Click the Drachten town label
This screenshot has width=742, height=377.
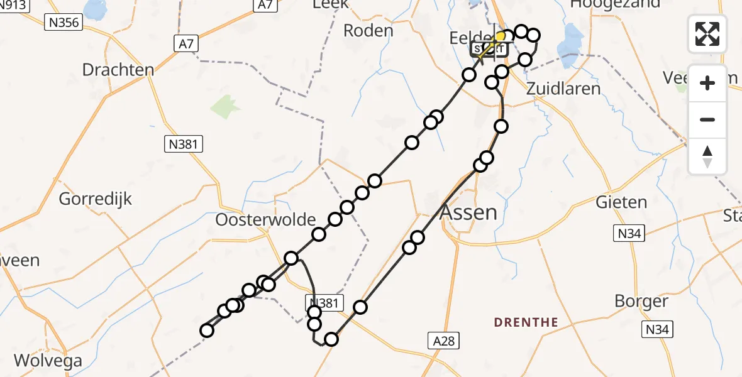coord(118,69)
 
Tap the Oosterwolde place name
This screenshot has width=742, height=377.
coord(265,220)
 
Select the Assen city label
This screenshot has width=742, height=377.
coord(468,212)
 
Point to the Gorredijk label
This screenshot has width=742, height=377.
coord(96,199)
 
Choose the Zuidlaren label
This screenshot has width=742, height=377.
coord(564,89)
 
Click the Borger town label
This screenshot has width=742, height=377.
coord(641,301)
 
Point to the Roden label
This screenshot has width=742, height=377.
coord(368,30)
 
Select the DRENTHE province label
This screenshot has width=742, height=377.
coord(526,322)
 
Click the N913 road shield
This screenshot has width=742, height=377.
coord(16,4)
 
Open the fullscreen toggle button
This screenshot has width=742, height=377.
coord(707,34)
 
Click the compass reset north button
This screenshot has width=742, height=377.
coord(707,156)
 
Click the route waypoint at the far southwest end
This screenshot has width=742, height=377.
coord(206,331)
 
